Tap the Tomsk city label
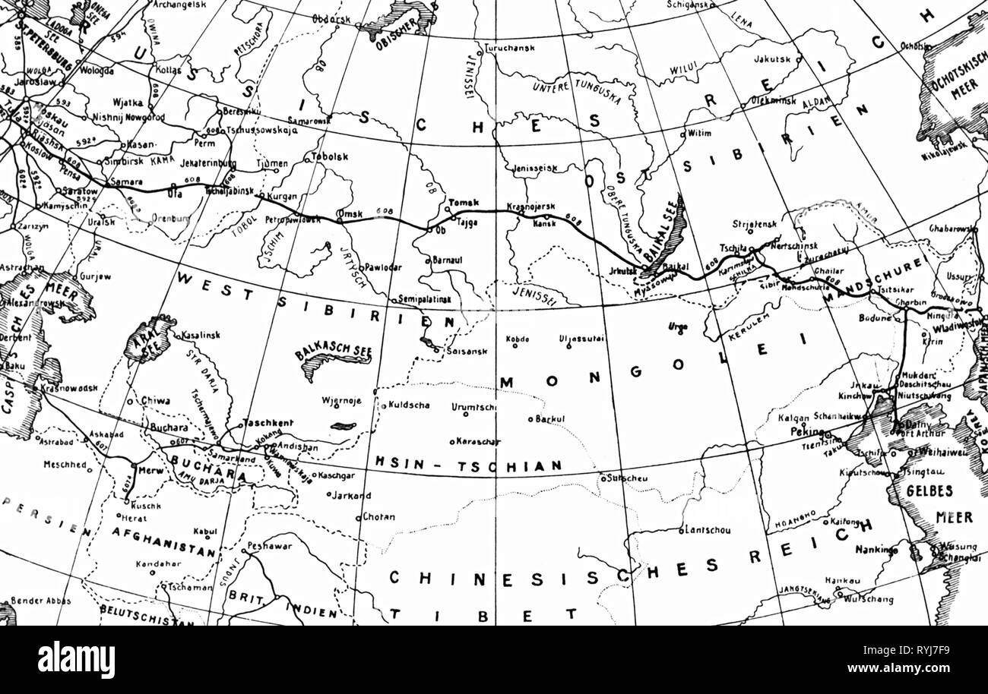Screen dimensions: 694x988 click(464, 202)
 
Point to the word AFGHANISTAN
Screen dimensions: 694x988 click(163, 542)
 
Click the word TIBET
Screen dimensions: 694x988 click(483, 614)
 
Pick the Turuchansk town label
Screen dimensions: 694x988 click(510, 47)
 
